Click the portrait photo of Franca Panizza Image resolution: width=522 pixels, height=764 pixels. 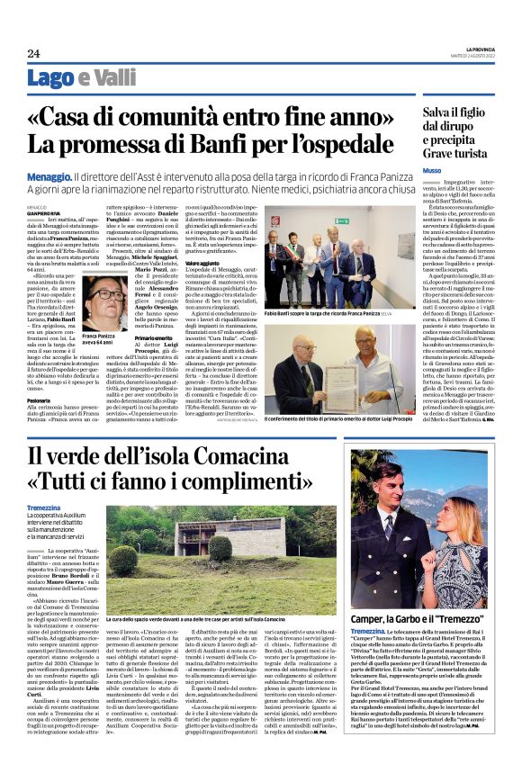105,302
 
